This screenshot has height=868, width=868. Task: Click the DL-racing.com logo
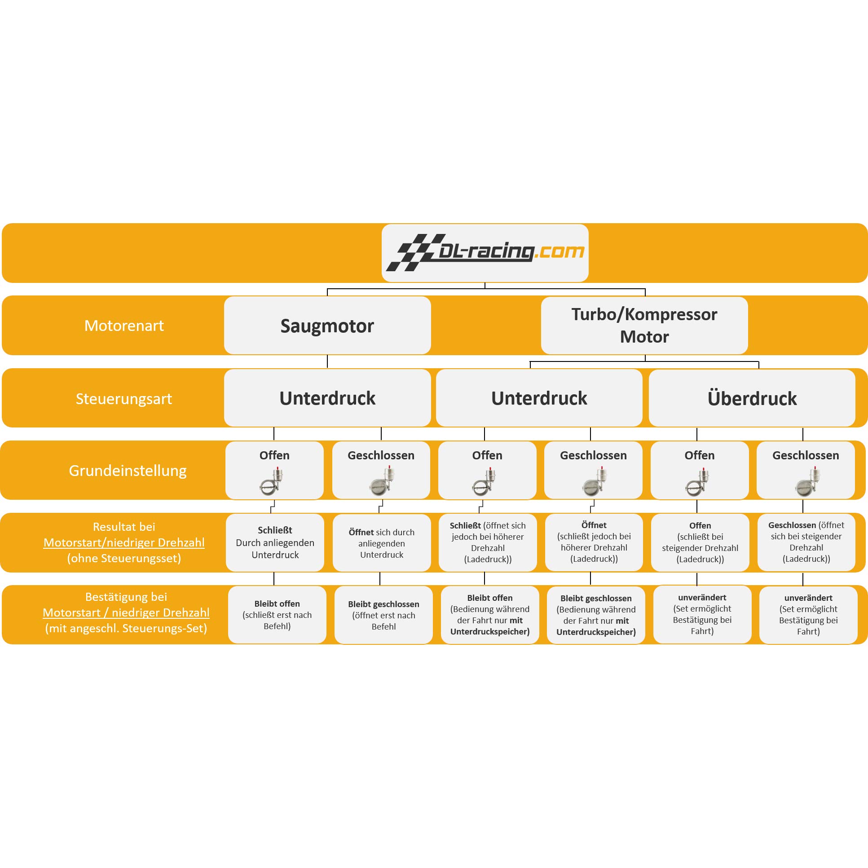(485, 252)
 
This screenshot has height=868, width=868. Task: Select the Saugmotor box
(327, 325)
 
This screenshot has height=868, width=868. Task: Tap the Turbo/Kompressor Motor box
(644, 325)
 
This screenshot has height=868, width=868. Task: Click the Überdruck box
(752, 398)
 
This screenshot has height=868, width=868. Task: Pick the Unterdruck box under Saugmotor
(327, 398)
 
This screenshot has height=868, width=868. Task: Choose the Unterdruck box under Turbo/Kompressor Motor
(539, 398)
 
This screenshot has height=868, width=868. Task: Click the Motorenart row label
(124, 326)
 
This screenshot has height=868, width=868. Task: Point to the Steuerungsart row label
(123, 399)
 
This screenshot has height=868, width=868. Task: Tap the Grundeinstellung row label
(128, 471)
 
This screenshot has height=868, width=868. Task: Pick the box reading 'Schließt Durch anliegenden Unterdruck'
(275, 543)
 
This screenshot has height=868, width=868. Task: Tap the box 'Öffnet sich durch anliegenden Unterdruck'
(382, 543)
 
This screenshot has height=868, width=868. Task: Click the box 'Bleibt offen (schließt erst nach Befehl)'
(277, 615)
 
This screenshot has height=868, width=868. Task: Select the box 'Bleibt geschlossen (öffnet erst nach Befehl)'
(383, 615)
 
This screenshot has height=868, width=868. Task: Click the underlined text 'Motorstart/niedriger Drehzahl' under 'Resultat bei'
(124, 543)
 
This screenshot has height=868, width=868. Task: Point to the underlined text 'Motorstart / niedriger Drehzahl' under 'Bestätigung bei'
(126, 613)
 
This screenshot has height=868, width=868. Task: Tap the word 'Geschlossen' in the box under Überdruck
(806, 456)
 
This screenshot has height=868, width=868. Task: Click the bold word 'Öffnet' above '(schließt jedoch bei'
(594, 525)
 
